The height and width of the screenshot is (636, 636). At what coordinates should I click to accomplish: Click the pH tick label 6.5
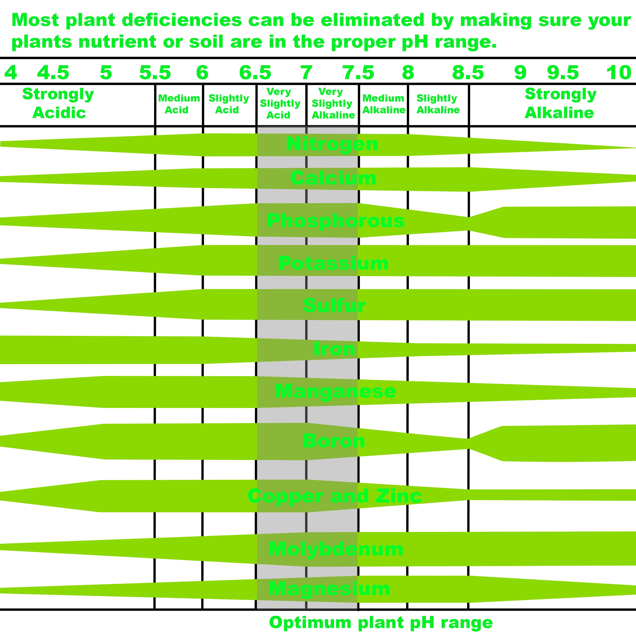click(x=255, y=73)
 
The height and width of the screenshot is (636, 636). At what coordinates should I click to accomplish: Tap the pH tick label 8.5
click(x=468, y=73)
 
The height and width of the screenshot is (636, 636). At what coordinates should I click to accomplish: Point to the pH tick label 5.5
click(x=155, y=73)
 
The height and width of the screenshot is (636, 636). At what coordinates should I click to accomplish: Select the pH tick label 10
click(x=619, y=73)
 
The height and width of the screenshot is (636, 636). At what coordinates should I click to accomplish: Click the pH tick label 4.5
click(x=53, y=73)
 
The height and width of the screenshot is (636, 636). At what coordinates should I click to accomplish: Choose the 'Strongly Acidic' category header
click(x=58, y=103)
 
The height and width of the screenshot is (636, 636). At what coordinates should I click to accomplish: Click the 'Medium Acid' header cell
click(x=179, y=104)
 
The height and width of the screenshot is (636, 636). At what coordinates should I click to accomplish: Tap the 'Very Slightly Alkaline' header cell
click(x=332, y=103)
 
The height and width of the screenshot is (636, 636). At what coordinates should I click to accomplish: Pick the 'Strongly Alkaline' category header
click(x=560, y=103)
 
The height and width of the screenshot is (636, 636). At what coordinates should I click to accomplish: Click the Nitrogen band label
click(x=332, y=144)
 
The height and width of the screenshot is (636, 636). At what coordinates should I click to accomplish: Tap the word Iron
click(x=334, y=349)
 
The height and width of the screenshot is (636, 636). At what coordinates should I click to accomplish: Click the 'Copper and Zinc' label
click(x=334, y=496)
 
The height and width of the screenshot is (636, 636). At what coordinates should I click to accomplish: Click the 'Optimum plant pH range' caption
click(x=381, y=623)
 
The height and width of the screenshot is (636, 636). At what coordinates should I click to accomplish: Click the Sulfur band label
click(x=334, y=306)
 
